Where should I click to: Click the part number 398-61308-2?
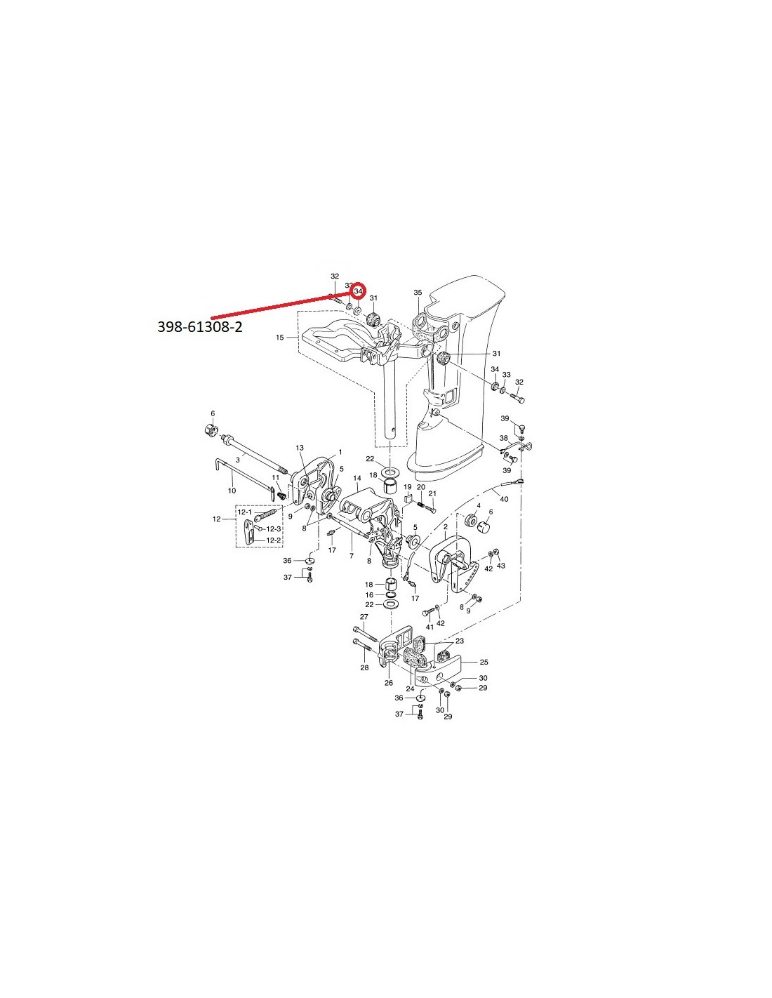(199, 327)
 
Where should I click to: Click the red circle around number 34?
(358, 291)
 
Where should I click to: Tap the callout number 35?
(418, 293)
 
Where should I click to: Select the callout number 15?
(280, 338)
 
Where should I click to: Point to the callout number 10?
(232, 491)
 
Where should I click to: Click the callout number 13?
(300, 447)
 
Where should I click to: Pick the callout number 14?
(357, 478)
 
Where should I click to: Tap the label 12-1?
(244, 512)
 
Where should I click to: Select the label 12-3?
(273, 529)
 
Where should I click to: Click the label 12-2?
(273, 540)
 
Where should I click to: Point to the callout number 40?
(504, 499)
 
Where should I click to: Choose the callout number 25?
(484, 662)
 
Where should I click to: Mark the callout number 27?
(364, 616)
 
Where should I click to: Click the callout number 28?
(364, 667)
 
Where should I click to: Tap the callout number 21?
(432, 493)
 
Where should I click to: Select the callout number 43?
(500, 566)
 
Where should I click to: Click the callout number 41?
(430, 627)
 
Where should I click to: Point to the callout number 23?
(460, 640)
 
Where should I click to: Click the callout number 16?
(369, 594)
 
